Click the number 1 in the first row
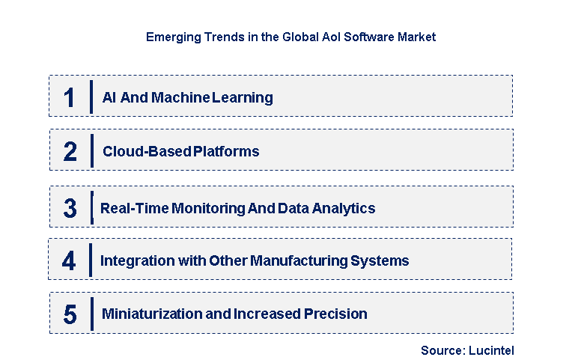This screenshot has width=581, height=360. [69, 97]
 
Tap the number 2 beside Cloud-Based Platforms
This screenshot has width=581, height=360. [70, 152]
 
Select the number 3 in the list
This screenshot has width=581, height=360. [70, 208]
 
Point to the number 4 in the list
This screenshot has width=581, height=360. [69, 261]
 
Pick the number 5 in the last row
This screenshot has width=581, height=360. [70, 314]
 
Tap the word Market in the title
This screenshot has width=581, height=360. [414, 37]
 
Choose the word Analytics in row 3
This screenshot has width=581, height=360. [345, 208]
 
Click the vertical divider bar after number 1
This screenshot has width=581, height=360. [91, 97]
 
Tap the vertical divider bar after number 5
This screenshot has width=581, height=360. [91, 314]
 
